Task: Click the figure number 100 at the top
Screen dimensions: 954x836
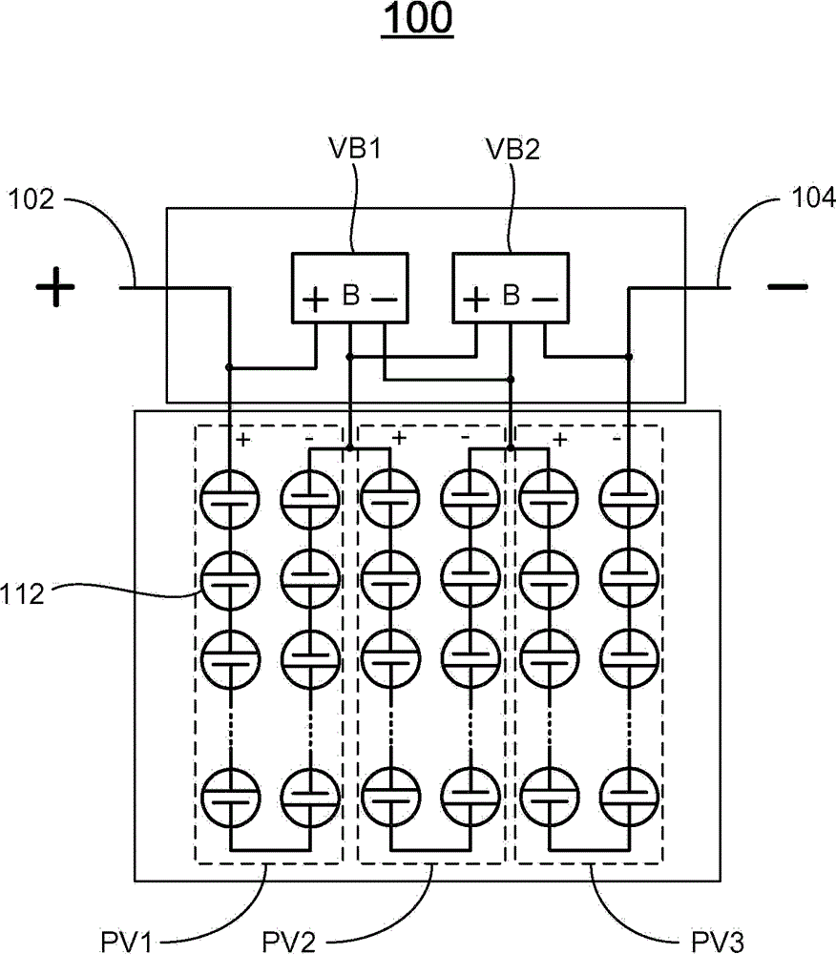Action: pyautogui.click(x=417, y=19)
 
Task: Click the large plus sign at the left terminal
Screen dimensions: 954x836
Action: pyautogui.click(x=56, y=286)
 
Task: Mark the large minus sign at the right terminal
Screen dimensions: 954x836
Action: pyautogui.click(x=786, y=286)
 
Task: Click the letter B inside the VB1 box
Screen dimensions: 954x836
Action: pyautogui.click(x=350, y=297)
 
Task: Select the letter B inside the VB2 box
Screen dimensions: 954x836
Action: pyautogui.click(x=511, y=297)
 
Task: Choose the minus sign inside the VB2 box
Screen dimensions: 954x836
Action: pyautogui.click(x=545, y=299)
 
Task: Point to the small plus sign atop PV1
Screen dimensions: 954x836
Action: pyautogui.click(x=243, y=440)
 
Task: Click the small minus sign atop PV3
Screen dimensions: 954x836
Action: pyautogui.click(x=618, y=440)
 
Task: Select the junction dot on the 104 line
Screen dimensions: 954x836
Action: pyautogui.click(x=628, y=357)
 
